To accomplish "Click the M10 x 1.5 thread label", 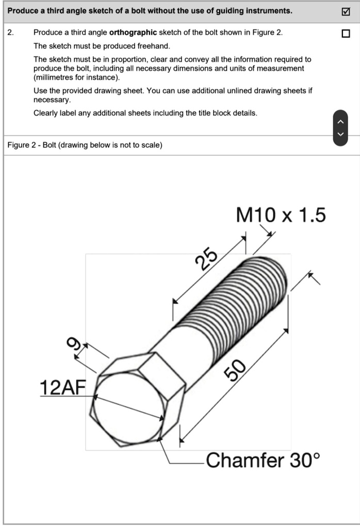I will point(281,215).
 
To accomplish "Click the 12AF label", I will point(63,387).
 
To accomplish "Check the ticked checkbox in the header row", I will point(345,11).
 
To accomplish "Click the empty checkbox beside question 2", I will point(345,34).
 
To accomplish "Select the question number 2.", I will point(10,32).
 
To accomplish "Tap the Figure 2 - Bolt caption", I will point(85,145).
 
